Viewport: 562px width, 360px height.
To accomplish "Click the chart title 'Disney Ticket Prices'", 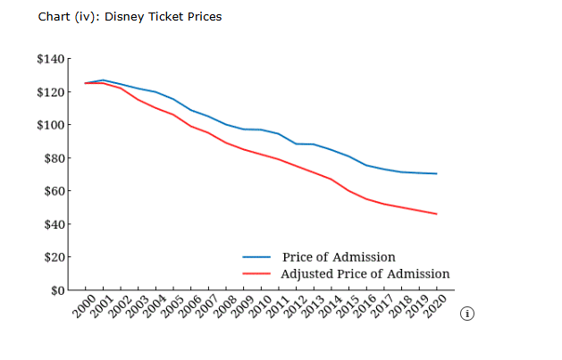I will pyautogui.click(x=130, y=17).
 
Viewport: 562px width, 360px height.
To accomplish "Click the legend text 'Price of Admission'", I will pyautogui.click(x=338, y=257).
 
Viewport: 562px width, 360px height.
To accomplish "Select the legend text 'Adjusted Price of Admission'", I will pyautogui.click(x=365, y=273).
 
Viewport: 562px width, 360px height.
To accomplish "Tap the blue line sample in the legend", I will pyautogui.click(x=256, y=258).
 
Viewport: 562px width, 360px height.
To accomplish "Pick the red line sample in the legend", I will pyautogui.click(x=256, y=274).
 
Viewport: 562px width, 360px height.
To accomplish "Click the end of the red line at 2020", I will pyautogui.click(x=436, y=213).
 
